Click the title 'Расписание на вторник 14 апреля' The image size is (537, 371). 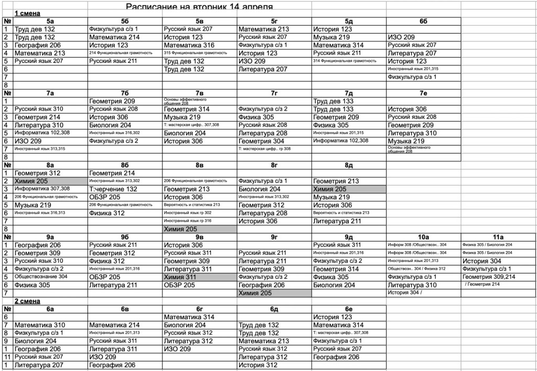click(199, 6)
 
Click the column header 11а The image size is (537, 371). click(498, 237)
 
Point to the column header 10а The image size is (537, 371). click(423, 237)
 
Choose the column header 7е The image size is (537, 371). click(423, 93)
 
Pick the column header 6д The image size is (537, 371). click(274, 309)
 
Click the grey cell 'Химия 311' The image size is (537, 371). click(180, 277)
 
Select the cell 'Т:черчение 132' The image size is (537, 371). click(113, 189)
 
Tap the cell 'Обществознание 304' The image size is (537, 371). click(41, 277)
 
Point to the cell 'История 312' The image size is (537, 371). click(258, 365)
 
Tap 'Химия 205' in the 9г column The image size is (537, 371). click(255, 293)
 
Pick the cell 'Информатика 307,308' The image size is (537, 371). click(42, 189)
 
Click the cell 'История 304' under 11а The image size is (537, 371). click(481, 261)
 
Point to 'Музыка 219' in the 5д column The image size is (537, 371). click(331, 37)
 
